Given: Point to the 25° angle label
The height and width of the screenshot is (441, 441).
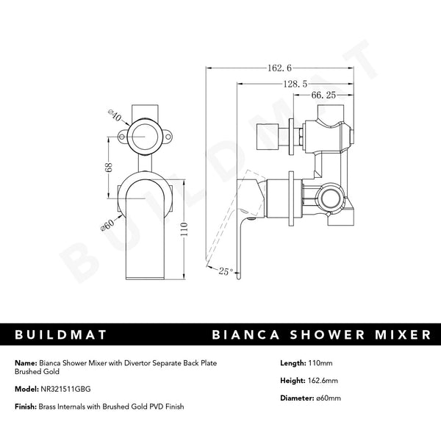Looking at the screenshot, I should tap(226, 271).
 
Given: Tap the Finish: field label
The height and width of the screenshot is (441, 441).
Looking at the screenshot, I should tap(26, 407).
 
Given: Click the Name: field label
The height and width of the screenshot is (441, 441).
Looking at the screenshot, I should tap(25, 362).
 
